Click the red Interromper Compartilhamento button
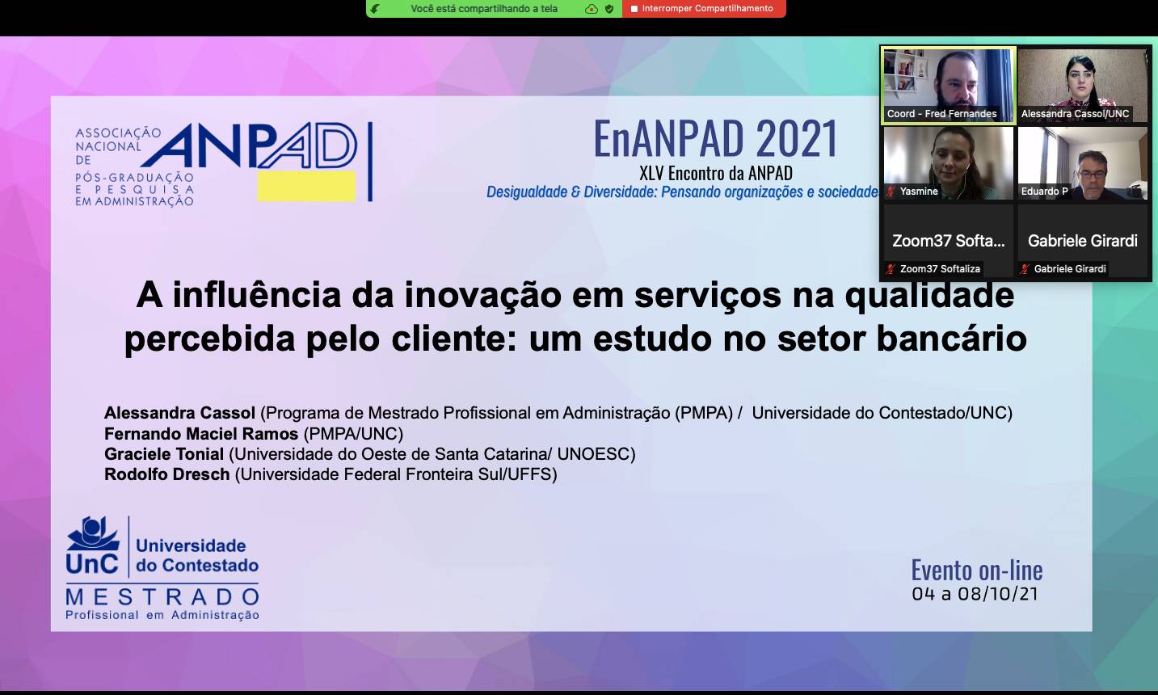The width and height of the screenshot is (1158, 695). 704,9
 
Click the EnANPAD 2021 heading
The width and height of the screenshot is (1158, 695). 715,138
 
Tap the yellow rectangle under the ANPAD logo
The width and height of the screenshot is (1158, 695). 306,186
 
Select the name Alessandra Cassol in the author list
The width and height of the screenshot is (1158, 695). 180,413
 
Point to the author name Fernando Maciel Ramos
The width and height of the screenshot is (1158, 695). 201,433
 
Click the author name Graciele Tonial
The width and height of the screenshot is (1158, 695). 164,454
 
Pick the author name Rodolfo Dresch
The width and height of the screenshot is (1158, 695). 167,474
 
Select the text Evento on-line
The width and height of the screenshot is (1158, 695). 976,570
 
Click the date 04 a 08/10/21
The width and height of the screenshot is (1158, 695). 975,594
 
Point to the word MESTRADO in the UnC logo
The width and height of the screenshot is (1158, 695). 162,598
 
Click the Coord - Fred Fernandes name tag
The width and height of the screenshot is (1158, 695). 941,114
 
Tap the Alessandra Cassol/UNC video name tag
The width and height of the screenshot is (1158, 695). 1075,114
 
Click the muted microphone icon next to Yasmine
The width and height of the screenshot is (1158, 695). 891,192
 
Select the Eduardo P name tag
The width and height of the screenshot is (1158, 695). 1044,192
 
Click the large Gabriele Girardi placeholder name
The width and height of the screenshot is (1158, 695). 1083,241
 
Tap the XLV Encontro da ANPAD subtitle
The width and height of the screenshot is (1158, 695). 716,173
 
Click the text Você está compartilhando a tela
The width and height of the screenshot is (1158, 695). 484,9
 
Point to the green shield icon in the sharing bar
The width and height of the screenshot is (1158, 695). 609,9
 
